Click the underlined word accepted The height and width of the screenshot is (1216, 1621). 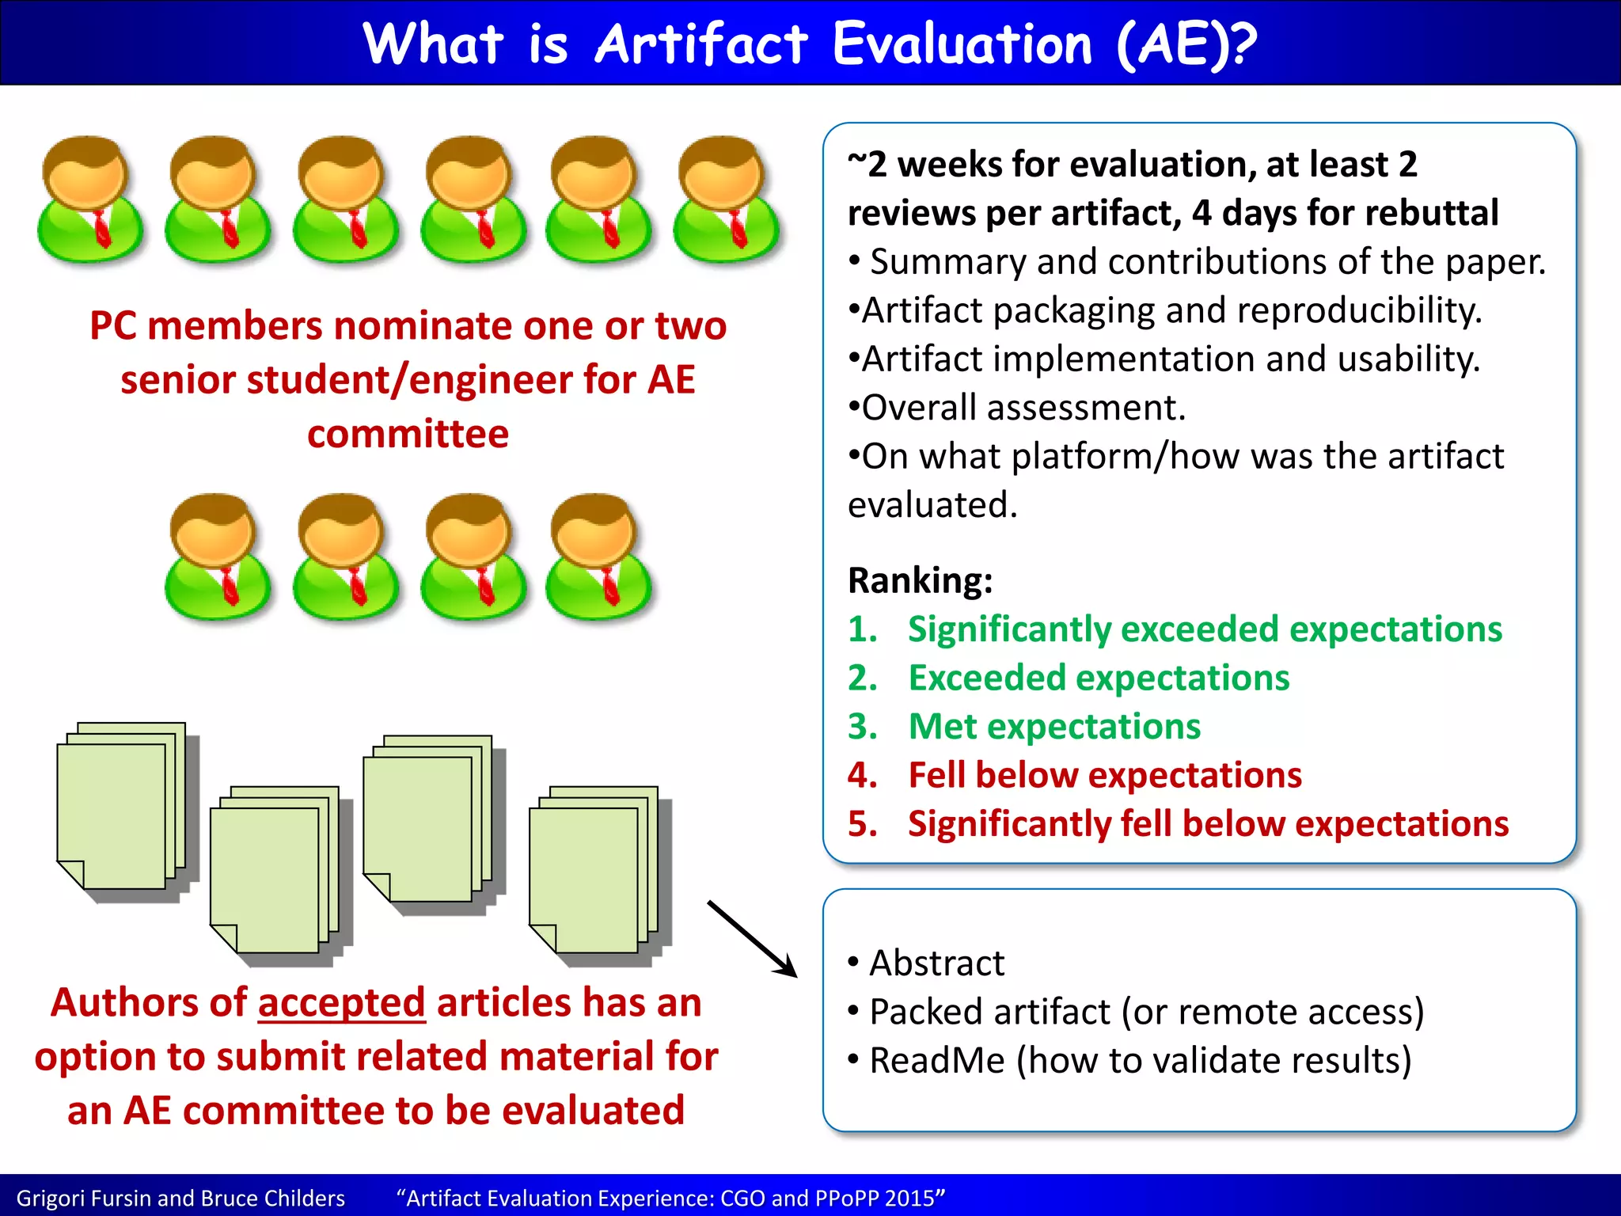tap(341, 1003)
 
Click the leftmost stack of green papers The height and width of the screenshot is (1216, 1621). tap(123, 811)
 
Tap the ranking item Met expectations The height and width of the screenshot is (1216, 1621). tap(1053, 727)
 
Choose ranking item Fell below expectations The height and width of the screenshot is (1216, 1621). tap(1104, 775)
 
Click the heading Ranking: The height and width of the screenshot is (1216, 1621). tap(920, 580)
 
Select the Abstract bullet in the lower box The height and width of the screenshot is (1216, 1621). tap(936, 963)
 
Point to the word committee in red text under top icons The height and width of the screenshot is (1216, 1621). tap(408, 434)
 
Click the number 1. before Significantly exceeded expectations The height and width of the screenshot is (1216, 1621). tap(862, 629)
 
